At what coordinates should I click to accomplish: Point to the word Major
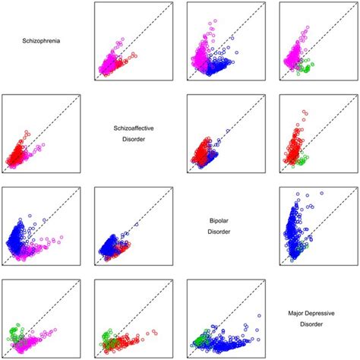300,312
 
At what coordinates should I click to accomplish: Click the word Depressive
329,312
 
